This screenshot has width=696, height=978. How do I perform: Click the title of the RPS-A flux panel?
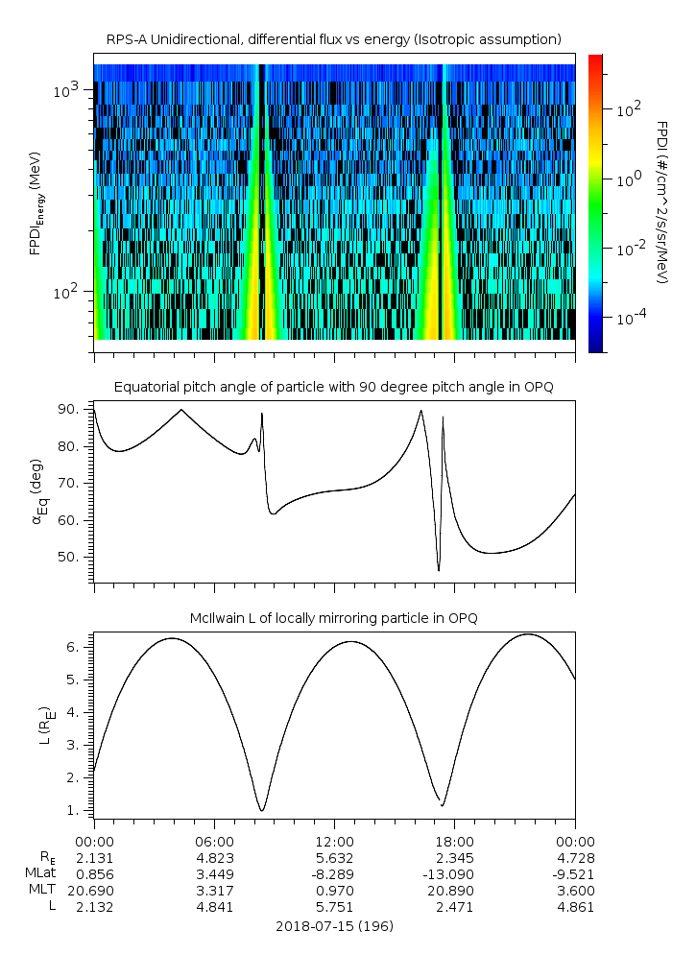[x=334, y=38]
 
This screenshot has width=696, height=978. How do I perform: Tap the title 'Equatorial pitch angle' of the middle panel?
[x=334, y=387]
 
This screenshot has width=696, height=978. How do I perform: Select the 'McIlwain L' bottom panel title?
[x=334, y=618]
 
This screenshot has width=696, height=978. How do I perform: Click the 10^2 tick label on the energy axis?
[x=68, y=292]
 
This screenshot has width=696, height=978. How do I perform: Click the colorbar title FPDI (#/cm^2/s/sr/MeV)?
[x=662, y=202]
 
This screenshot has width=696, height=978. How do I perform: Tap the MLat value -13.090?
[x=454, y=873]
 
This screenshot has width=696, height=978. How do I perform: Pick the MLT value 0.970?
[x=334, y=890]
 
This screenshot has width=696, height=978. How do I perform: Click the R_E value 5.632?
[x=334, y=857]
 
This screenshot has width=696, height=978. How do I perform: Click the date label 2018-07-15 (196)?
[x=334, y=926]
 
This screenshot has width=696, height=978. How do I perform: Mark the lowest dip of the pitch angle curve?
[x=439, y=570]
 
